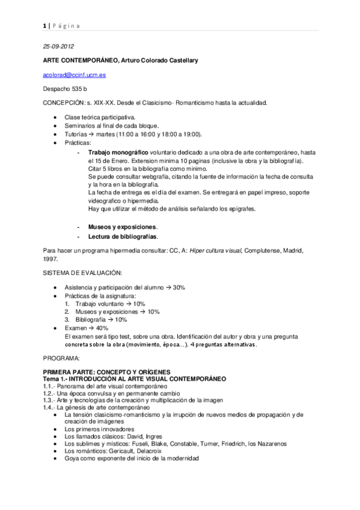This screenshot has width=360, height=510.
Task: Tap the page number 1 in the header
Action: coord(44,25)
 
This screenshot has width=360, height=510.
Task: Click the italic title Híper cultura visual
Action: coord(223,250)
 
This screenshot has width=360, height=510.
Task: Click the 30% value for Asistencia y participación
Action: coord(178,287)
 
